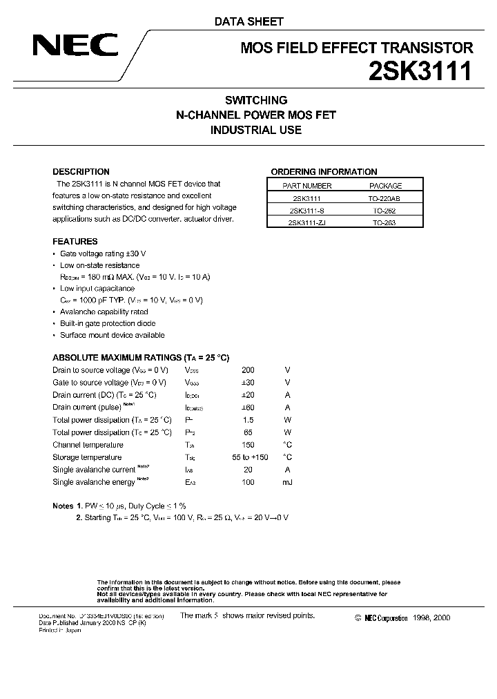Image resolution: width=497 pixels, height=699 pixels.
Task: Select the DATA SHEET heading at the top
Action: click(248, 21)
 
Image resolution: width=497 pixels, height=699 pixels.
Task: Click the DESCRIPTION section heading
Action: click(81, 172)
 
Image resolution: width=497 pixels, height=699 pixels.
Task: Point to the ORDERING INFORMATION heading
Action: click(324, 172)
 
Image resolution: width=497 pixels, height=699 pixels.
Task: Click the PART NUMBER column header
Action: click(307, 186)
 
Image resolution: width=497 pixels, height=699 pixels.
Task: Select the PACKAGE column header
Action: click(385, 186)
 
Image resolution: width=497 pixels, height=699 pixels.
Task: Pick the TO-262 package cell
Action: click(385, 211)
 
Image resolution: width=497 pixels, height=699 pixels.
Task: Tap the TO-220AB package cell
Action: click(385, 198)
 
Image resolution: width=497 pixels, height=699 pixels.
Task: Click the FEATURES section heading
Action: click(75, 242)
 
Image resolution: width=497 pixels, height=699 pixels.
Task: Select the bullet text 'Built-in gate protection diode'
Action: click(108, 323)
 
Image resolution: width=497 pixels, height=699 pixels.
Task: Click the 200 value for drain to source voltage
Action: click(248, 370)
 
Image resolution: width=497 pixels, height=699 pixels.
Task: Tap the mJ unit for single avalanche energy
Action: click(287, 482)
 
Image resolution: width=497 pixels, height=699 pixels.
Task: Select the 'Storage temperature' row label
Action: click(87, 457)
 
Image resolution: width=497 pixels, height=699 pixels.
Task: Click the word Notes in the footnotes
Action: click(64, 506)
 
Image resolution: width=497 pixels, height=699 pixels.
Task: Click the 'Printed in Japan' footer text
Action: click(61, 631)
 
